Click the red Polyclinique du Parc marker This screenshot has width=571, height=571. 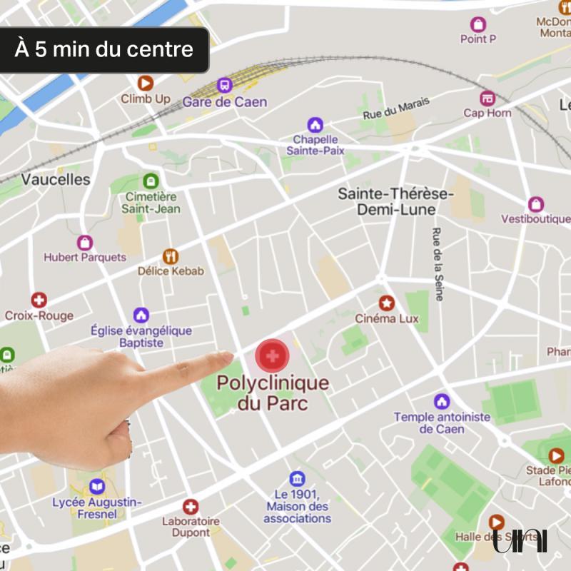272,354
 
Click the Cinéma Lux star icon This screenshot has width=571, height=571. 387,303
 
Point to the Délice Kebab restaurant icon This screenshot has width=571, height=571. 171,256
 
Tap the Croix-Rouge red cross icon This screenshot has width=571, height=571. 39,300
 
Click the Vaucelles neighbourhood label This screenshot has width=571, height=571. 56,179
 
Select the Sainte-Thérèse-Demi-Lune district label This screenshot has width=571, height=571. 395,201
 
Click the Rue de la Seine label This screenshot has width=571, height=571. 438,264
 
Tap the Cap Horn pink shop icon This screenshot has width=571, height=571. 487,98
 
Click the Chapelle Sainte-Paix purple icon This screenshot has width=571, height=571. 315,125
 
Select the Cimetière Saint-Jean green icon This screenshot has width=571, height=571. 151,181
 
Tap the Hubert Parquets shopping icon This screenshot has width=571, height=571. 85,242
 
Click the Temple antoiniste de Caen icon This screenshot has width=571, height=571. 442,401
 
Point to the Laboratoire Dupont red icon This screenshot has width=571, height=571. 191,507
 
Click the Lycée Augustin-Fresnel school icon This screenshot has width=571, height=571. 97,487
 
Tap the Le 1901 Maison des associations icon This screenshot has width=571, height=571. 297,479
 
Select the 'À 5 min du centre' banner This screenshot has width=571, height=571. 104,50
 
